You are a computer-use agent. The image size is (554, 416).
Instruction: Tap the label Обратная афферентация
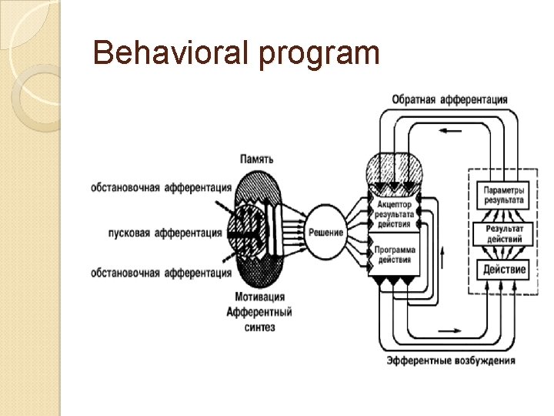(x=449, y=99)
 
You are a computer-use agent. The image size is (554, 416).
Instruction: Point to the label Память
(x=255, y=159)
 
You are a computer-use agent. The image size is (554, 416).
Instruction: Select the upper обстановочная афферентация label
(x=161, y=187)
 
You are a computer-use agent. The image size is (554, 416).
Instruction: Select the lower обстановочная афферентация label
(x=161, y=273)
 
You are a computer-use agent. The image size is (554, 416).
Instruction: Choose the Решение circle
(x=325, y=233)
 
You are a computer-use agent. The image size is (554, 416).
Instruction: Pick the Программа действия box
(x=395, y=255)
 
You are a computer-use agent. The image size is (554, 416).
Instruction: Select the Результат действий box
(x=504, y=233)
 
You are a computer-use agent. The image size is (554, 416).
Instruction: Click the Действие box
(x=504, y=270)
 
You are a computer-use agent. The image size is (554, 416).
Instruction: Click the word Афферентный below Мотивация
(x=259, y=312)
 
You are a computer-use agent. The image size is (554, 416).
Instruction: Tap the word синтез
(x=262, y=327)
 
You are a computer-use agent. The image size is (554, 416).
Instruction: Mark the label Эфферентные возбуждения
(x=451, y=360)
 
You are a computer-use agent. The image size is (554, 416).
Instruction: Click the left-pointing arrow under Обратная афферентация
(x=450, y=130)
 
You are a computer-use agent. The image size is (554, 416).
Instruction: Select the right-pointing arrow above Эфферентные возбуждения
(x=451, y=330)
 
